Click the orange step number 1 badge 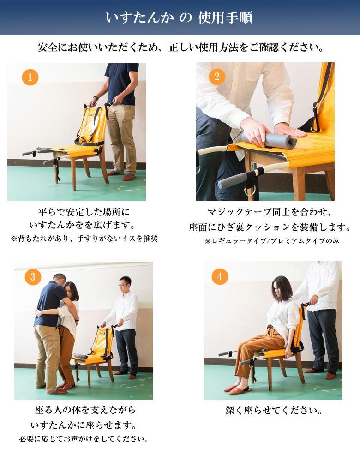click(30, 77)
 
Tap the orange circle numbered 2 click(217, 77)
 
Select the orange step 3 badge click(33, 277)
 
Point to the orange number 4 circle click(220, 276)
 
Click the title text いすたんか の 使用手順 click(179, 18)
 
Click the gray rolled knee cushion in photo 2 click(269, 141)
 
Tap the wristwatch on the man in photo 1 click(96, 98)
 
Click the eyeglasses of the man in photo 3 click(122, 285)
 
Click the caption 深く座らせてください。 click(274, 411)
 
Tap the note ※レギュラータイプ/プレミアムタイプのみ click(272, 241)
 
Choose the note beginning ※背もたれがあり click(84, 239)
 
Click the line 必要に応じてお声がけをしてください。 click(84, 439)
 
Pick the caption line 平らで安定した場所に click(84, 212)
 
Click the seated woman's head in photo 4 click(282, 289)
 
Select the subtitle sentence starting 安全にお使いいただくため click(180, 48)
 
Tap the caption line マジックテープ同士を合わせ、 click(270, 212)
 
